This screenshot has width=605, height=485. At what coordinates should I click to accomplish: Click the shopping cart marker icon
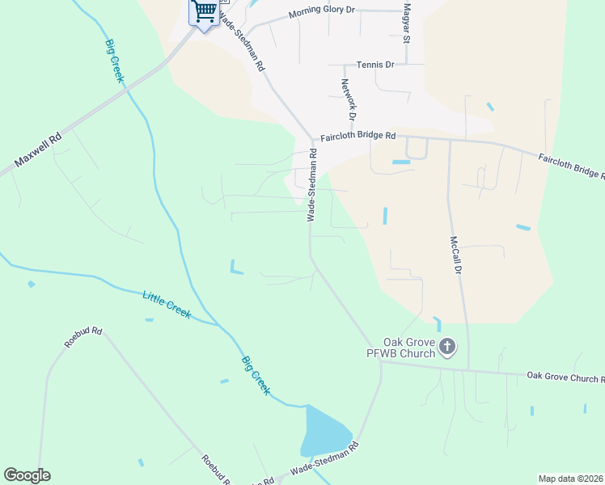204,12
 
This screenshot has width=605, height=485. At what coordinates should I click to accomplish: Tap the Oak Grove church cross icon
447,348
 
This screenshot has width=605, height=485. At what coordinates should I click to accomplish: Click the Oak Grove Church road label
565,377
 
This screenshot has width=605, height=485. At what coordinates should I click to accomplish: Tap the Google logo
27,475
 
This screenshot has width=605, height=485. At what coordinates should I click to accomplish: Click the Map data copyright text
571,479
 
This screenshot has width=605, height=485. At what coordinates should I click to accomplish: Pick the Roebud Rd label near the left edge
83,337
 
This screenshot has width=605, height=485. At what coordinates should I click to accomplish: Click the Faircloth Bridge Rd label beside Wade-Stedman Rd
357,137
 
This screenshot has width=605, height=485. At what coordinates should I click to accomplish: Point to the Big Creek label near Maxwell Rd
114,61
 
